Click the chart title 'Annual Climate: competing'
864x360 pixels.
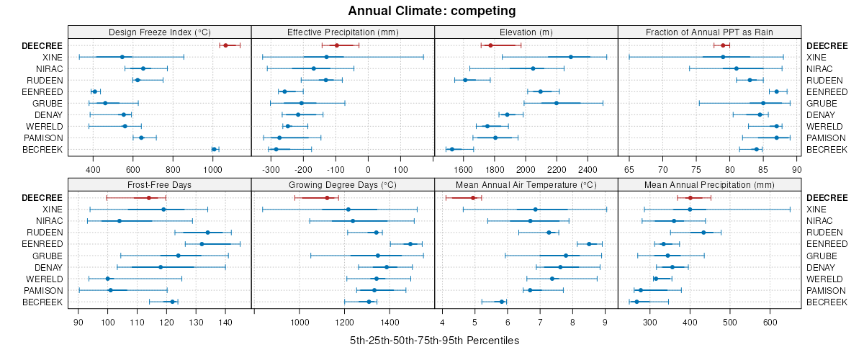(431, 11)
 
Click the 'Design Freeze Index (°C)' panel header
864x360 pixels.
(159, 32)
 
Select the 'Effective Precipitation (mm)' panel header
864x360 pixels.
(343, 32)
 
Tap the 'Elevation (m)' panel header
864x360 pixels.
(526, 32)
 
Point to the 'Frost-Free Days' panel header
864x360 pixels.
(159, 184)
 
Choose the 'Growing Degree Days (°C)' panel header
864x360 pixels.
(343, 184)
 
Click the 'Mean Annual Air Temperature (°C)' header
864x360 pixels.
(526, 184)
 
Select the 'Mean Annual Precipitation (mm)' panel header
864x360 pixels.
(709, 184)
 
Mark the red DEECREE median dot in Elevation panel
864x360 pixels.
(490, 45)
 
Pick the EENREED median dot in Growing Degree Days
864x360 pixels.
(410, 244)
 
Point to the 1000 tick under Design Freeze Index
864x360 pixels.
(213, 170)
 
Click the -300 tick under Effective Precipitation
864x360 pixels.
(271, 170)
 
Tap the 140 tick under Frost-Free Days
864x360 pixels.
(225, 323)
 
